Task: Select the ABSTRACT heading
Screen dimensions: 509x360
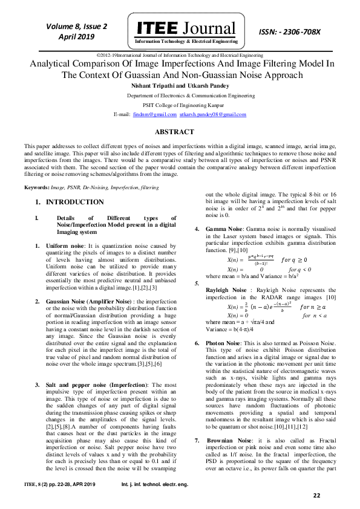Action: coord(180,132)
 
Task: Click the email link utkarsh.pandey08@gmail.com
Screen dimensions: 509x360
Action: coord(205,114)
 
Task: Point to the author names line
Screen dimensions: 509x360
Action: coord(180,86)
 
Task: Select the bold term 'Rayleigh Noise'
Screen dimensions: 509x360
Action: coord(227,290)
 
